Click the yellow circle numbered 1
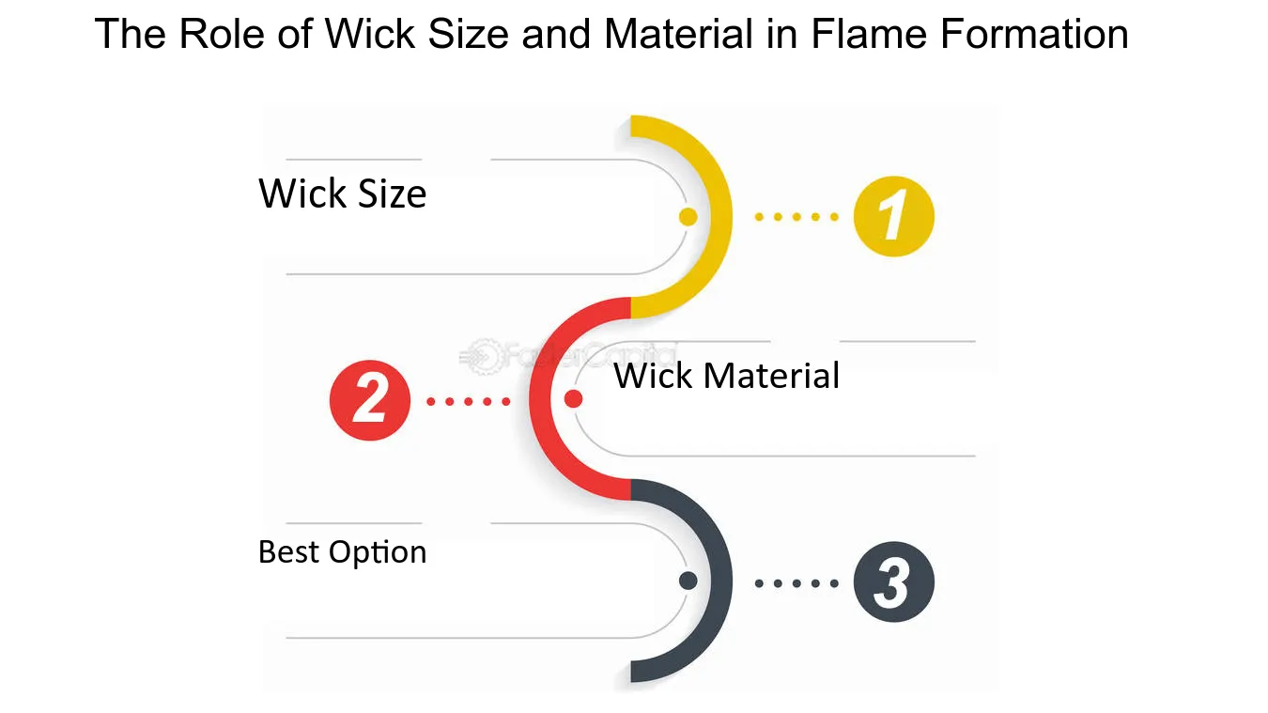(x=894, y=216)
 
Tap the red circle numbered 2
(x=370, y=400)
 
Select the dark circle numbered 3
(x=894, y=582)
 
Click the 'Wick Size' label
(x=343, y=194)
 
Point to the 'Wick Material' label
(x=727, y=376)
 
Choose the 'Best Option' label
(x=343, y=552)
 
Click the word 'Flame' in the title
(x=869, y=34)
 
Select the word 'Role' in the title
(x=222, y=34)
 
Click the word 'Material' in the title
(x=679, y=34)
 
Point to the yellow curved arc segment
(x=721, y=216)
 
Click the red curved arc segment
(x=539, y=399)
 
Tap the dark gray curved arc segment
(x=721, y=581)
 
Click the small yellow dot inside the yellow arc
(x=688, y=216)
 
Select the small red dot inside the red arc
(x=573, y=398)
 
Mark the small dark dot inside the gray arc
(x=688, y=581)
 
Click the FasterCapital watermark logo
(x=566, y=356)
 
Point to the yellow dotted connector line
(x=796, y=216)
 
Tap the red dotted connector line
(x=468, y=401)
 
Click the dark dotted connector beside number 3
(x=796, y=583)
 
